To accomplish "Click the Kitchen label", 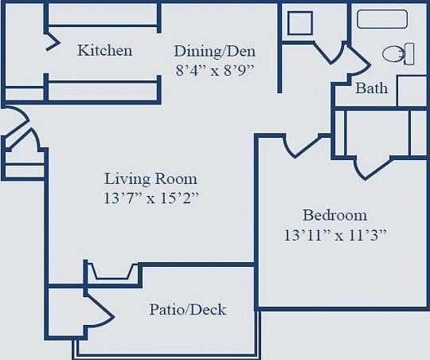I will (x=104, y=51).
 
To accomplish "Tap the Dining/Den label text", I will (x=214, y=51).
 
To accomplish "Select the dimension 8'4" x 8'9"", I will (x=214, y=69).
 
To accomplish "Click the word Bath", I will (x=371, y=88).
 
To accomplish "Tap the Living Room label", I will (x=150, y=178).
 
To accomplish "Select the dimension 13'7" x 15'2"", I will (x=150, y=198).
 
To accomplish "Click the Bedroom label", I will (x=334, y=215).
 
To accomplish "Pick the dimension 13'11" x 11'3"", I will (x=334, y=235).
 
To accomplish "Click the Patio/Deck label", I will (x=187, y=309).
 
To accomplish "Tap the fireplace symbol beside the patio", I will (x=113, y=273).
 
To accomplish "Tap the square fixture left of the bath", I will (x=300, y=22).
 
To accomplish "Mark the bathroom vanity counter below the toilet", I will (x=412, y=90).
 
